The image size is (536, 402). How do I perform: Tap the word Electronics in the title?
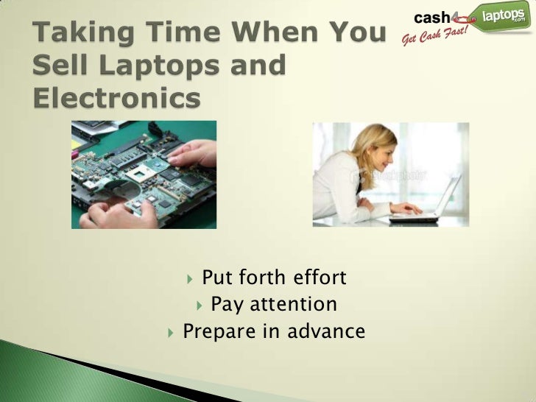pos(117,96)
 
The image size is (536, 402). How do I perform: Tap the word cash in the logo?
pos(435,16)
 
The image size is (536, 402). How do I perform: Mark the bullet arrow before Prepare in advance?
pos(172,332)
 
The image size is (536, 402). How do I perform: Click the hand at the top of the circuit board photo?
pos(193,153)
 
